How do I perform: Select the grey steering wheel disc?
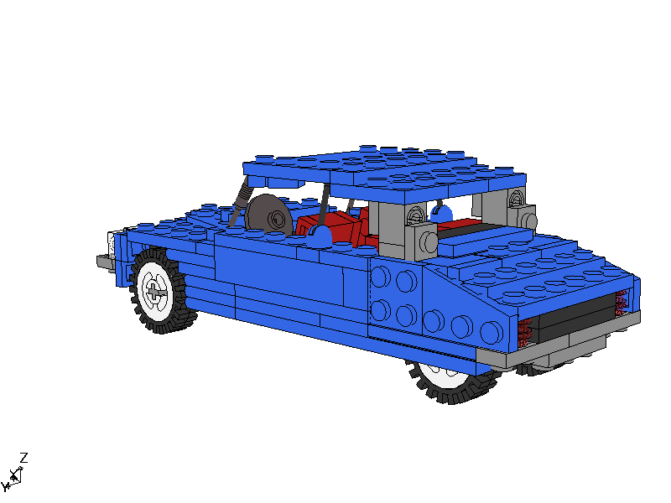tap(268, 215)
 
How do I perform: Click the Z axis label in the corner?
tap(24, 457)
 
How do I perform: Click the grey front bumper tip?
tap(103, 262)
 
